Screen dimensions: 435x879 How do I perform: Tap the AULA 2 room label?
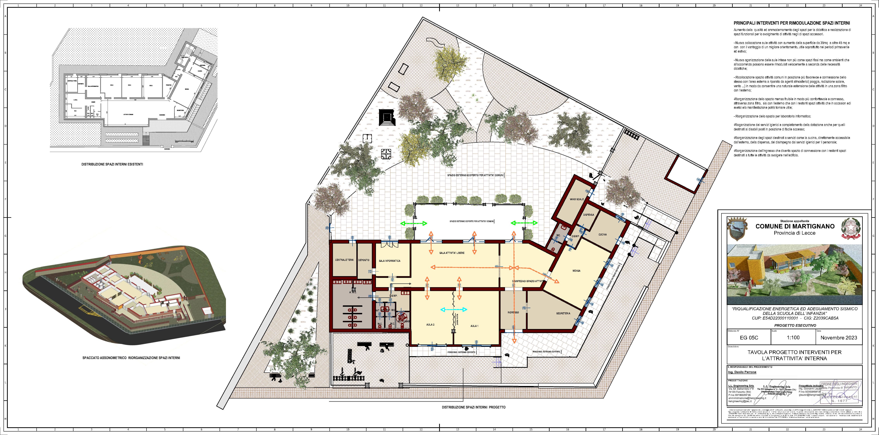click(430, 325)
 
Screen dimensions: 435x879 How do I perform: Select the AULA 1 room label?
click(474, 326)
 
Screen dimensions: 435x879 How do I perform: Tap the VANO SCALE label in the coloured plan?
click(577, 199)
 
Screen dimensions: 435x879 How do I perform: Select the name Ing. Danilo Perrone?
click(741, 372)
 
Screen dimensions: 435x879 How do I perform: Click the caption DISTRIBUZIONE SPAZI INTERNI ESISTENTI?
click(112, 164)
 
